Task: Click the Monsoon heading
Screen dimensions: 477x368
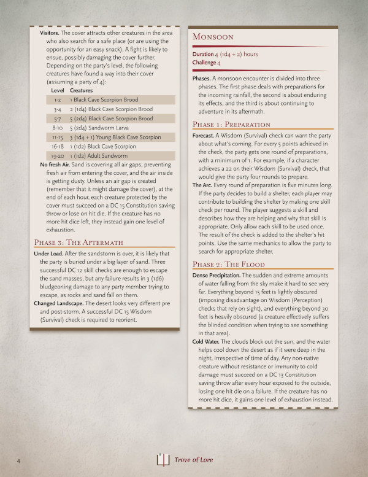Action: (215, 37)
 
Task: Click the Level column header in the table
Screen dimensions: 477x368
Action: (58, 90)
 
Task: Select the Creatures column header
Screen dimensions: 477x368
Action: (82, 90)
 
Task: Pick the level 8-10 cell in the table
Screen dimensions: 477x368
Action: (58, 128)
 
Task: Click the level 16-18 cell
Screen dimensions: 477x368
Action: (58, 147)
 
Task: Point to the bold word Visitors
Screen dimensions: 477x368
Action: (52, 32)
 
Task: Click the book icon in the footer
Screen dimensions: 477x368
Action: (162, 459)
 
